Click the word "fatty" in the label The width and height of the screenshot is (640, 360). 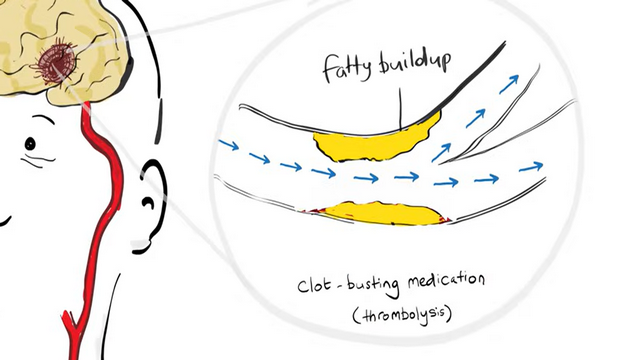[347, 68]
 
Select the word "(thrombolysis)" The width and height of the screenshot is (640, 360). [402, 316]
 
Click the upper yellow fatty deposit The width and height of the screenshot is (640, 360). [376, 141]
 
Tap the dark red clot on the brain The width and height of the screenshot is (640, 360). [55, 63]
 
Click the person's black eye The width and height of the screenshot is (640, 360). [30, 144]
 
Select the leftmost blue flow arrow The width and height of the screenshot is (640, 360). [229, 144]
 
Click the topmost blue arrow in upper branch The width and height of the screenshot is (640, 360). [509, 84]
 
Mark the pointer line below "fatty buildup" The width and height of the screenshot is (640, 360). [400, 109]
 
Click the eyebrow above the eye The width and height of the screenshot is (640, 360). [43, 119]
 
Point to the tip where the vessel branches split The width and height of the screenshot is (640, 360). [439, 164]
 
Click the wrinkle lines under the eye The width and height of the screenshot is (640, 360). [38, 160]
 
